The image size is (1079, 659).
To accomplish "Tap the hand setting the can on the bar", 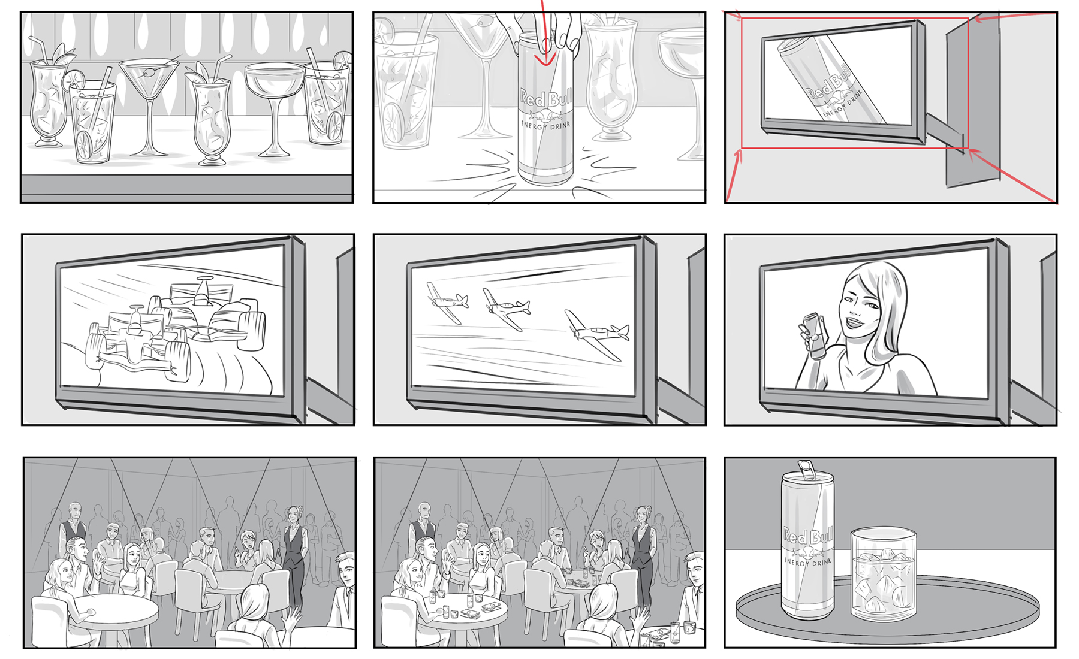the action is pyautogui.click(x=542, y=30).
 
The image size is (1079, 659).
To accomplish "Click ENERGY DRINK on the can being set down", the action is pyautogui.click(x=546, y=125).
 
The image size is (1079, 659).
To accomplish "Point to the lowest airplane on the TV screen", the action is pyautogui.click(x=596, y=332).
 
